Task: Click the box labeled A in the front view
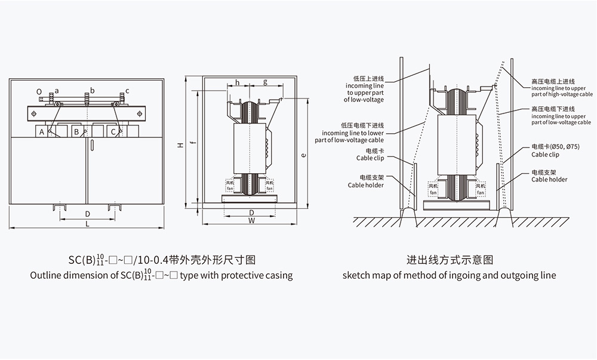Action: [x=42, y=132]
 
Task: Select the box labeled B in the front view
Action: [x=76, y=132]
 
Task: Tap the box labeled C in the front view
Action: [x=113, y=132]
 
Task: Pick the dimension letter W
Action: [x=251, y=221]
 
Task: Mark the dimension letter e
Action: [x=304, y=155]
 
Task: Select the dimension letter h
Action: [x=237, y=82]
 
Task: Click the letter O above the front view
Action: [x=39, y=91]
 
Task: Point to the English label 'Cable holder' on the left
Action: [x=366, y=185]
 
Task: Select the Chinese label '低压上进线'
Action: [x=368, y=78]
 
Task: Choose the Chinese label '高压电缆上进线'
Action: [x=553, y=80]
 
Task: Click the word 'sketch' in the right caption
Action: [x=357, y=276]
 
